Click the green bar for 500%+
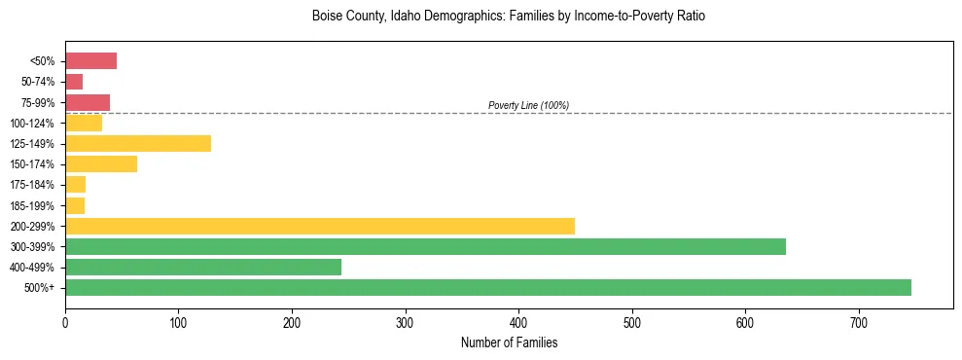pos(487,287)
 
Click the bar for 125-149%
pos(137,144)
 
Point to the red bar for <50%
pos(90,61)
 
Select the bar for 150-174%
pos(100,164)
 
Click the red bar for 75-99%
pos(87,102)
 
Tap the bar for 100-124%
pos(83,123)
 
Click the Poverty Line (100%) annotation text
pos(528,105)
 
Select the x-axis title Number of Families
pos(509,342)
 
